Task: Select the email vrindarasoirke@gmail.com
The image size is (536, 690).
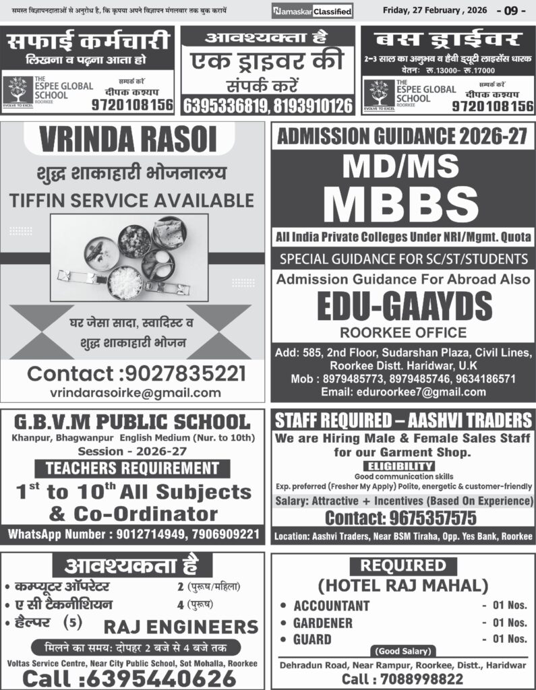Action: click(x=136, y=392)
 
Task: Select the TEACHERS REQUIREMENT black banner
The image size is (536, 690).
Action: click(x=132, y=468)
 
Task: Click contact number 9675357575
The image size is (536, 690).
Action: click(x=400, y=517)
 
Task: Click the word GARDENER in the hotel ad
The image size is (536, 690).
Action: click(x=323, y=623)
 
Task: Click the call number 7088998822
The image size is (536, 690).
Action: click(x=403, y=679)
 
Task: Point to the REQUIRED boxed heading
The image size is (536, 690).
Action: click(x=403, y=565)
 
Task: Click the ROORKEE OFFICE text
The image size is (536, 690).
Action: click(x=403, y=332)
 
